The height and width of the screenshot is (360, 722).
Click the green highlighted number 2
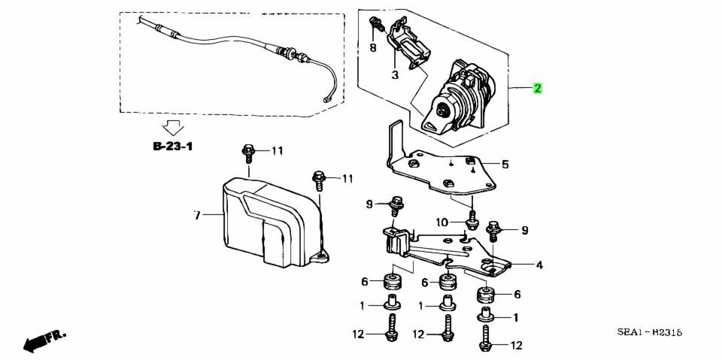537,88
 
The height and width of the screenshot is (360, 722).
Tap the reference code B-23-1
172,147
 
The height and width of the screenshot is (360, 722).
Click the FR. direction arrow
44,340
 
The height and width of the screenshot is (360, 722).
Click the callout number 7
197,214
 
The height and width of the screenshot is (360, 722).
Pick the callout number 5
505,164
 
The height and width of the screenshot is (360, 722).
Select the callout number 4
538,265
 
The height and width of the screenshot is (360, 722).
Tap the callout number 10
442,222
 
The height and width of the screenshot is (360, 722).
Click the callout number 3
395,75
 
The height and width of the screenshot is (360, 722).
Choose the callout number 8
372,47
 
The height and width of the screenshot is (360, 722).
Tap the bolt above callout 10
472,220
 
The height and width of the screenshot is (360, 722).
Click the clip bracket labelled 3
409,46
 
